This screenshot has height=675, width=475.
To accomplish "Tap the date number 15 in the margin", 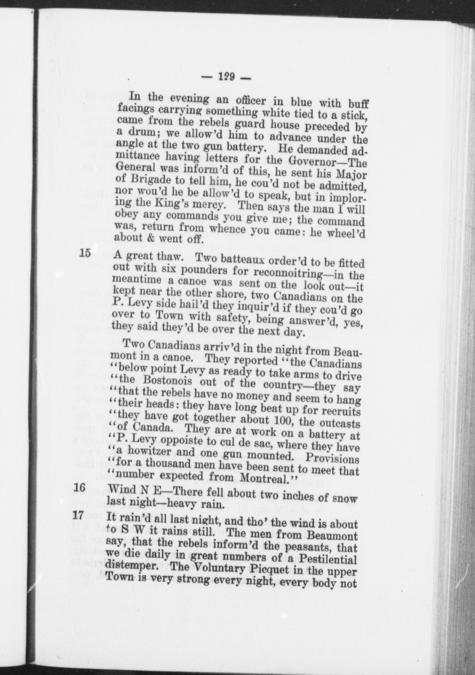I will [85, 253].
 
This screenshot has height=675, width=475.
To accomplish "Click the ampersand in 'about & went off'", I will [149, 238].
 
